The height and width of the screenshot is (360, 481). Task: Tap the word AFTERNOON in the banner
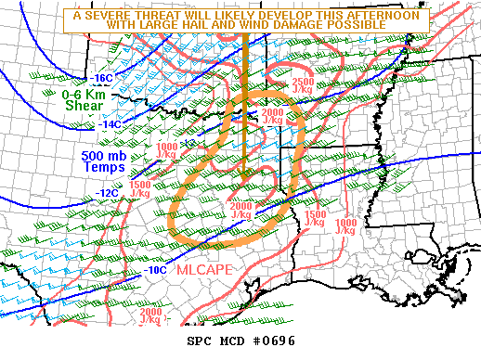click(388, 16)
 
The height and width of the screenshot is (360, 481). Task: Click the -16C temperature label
click(104, 78)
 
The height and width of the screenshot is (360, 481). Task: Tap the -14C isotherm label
click(110, 123)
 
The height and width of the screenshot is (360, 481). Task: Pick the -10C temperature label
click(156, 270)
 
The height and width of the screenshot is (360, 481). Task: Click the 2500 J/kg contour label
click(302, 87)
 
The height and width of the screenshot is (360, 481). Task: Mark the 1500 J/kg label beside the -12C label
click(140, 189)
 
